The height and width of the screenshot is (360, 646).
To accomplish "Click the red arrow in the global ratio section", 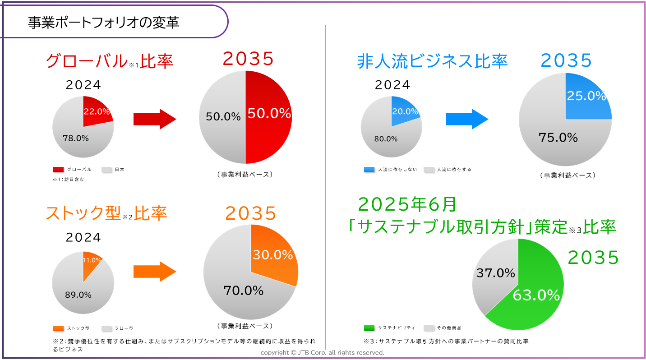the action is click(x=155, y=119).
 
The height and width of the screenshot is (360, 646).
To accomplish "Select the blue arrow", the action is click(x=467, y=119).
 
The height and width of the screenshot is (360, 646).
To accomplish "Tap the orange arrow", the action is click(x=155, y=272).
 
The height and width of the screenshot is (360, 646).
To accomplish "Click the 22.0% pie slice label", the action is click(x=97, y=111).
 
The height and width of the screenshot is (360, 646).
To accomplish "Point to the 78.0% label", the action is click(x=75, y=138).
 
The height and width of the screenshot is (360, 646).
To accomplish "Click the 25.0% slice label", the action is click(x=586, y=96).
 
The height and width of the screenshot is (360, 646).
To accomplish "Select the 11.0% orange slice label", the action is click(x=92, y=260).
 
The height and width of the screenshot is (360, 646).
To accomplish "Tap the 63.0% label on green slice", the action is click(x=536, y=295).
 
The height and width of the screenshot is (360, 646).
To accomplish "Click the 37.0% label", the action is click(x=495, y=272).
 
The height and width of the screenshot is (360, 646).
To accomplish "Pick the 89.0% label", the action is click(x=78, y=295).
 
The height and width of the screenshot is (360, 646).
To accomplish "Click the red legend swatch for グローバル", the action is click(x=58, y=170).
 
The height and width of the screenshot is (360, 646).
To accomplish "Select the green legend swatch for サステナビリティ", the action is click(x=369, y=328).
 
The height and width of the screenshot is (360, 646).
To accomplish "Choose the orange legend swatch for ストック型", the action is click(x=58, y=328).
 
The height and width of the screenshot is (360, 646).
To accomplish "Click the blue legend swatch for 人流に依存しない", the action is click(x=369, y=170).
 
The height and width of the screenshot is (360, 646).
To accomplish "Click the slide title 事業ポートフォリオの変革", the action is click(x=104, y=23).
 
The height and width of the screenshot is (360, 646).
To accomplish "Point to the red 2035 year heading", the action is click(x=248, y=59).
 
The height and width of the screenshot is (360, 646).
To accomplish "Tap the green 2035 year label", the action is click(x=593, y=257).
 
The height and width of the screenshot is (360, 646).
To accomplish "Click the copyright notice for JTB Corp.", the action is click(x=323, y=352).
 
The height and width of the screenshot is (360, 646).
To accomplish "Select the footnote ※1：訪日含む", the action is click(x=69, y=180).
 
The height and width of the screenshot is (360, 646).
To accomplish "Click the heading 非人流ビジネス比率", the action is click(x=432, y=61).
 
